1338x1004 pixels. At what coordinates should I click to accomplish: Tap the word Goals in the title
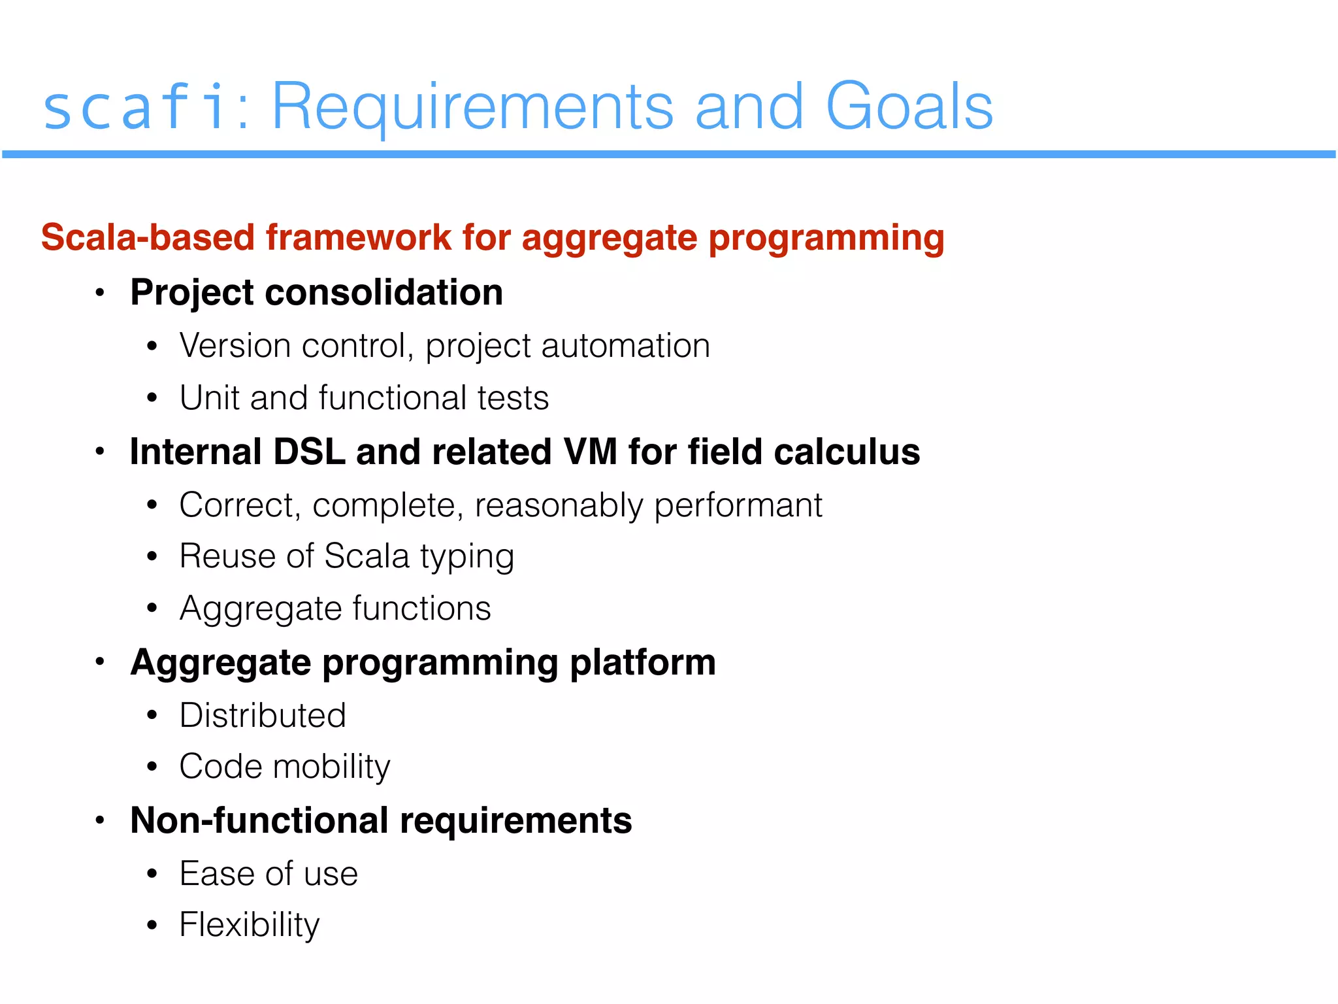(909, 107)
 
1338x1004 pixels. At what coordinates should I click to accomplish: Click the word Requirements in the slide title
(472, 107)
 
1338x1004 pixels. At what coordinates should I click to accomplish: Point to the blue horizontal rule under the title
(669, 154)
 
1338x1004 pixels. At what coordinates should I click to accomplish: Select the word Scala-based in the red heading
(148, 237)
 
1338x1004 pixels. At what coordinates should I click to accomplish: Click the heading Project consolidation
(316, 292)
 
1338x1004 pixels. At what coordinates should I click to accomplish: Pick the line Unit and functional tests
(364, 398)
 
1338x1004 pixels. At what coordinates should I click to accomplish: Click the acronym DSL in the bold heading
(308, 452)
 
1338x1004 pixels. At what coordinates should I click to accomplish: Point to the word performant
(738, 505)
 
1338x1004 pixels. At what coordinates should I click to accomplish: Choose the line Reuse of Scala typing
(346, 557)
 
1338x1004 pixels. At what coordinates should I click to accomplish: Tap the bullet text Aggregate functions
(334, 609)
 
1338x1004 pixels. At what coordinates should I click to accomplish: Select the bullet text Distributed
(263, 715)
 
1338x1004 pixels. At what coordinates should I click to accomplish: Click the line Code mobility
(284, 767)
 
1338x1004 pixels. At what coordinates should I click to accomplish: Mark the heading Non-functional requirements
(381, 820)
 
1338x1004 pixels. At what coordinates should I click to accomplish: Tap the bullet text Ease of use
(269, 874)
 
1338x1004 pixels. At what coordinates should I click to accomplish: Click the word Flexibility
(250, 925)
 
